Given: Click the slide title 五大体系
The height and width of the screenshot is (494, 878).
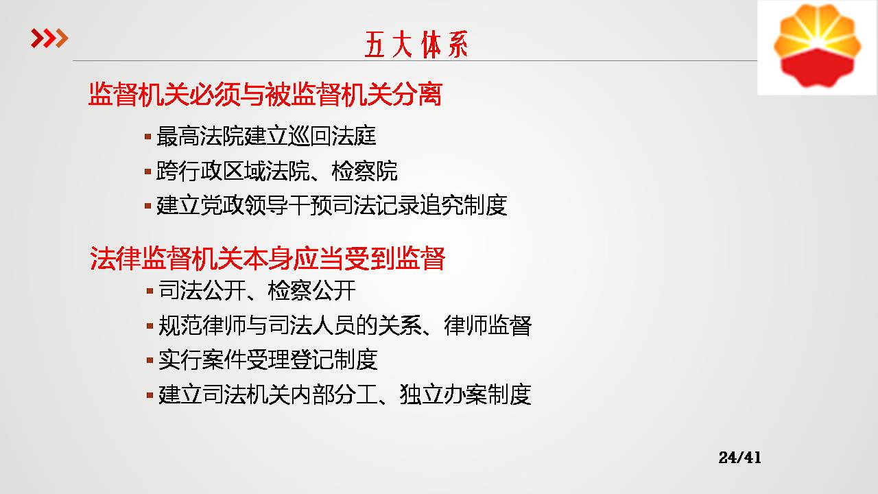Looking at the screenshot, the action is click(416, 45).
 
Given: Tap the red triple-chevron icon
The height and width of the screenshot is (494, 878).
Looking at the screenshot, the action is click(49, 38).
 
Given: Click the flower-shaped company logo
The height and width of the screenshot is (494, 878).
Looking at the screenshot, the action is click(817, 46).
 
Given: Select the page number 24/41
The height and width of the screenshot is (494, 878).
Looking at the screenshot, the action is click(739, 458).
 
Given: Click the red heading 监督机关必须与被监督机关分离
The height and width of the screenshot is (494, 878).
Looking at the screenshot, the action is click(265, 94).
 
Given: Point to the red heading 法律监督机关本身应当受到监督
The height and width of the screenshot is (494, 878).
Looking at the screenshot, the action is click(268, 259).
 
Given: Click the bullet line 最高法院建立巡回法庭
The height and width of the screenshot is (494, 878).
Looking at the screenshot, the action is click(266, 136).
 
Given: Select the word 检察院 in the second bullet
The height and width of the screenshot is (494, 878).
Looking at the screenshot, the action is click(364, 171).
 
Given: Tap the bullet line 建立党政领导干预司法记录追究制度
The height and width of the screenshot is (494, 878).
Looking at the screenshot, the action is click(331, 205).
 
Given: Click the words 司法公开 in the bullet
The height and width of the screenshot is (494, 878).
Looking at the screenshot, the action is click(202, 290).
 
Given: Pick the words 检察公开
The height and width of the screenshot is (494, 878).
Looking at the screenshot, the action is click(311, 290).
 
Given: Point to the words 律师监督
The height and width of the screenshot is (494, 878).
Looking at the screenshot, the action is click(488, 325).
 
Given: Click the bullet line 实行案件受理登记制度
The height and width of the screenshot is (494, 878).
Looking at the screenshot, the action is click(268, 360).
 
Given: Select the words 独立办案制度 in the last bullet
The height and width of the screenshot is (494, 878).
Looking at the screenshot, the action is click(466, 394).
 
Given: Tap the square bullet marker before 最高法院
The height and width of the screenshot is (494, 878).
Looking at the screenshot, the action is click(147, 137).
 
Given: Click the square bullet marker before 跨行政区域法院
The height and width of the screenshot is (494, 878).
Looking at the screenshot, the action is click(147, 172).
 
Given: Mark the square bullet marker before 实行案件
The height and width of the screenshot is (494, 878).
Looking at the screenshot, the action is click(150, 360).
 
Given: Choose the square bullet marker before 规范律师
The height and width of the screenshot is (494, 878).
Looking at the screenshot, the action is click(150, 326).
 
